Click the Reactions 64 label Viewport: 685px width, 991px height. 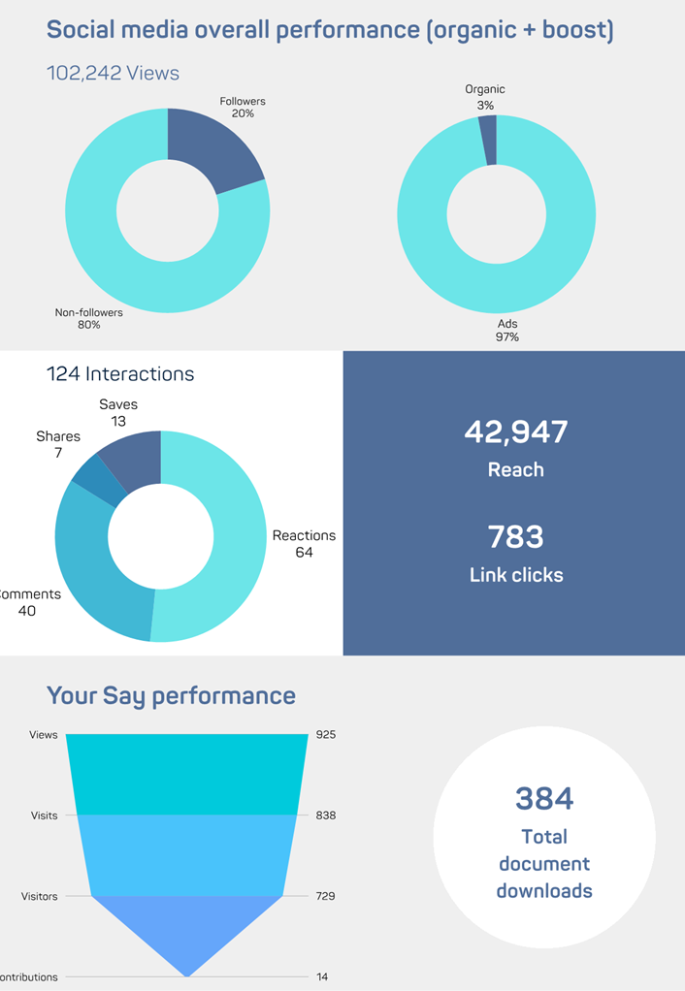[x=304, y=543]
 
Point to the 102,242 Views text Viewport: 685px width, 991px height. [x=113, y=73]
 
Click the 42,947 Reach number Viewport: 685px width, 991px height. [x=515, y=432]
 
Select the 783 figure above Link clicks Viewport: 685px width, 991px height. [x=515, y=536]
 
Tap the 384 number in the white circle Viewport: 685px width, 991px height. [x=543, y=798]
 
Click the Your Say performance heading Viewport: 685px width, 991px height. [x=171, y=695]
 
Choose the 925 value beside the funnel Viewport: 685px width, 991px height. [x=325, y=735]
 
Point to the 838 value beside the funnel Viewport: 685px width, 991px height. [x=325, y=815]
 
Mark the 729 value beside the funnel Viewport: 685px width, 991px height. [x=325, y=896]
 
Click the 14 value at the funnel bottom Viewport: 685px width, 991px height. [x=321, y=977]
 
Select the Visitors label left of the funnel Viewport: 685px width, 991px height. [x=39, y=896]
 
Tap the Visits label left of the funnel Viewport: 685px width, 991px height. [x=44, y=815]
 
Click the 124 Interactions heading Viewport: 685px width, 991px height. [x=120, y=373]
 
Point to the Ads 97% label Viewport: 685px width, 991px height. [x=506, y=330]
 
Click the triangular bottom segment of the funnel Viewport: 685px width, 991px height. [x=186, y=926]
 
